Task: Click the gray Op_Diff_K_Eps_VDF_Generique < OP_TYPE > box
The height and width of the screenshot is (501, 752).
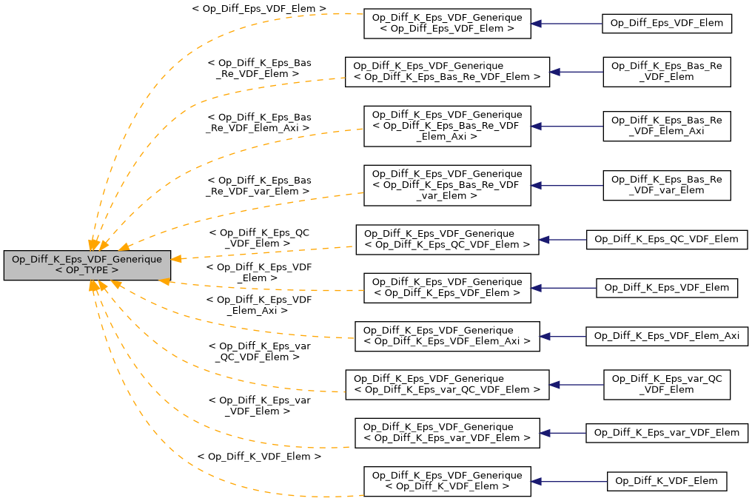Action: (x=87, y=265)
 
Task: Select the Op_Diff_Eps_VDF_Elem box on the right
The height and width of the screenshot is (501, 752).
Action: (x=667, y=24)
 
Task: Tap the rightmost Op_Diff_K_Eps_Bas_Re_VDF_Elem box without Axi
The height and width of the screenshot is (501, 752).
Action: (x=667, y=72)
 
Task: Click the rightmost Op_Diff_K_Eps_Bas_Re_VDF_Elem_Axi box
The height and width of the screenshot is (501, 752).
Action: (x=667, y=126)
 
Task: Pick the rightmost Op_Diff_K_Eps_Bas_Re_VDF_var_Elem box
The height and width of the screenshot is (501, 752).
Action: (x=667, y=185)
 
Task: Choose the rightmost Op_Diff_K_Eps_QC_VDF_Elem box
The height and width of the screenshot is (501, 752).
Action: (x=667, y=239)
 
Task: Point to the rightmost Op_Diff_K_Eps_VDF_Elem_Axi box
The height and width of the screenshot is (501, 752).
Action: (x=667, y=336)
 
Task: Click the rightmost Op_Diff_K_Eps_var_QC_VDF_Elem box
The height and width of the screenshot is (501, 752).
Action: (x=667, y=384)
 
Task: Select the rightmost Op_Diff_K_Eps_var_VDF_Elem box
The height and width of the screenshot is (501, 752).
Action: (x=667, y=433)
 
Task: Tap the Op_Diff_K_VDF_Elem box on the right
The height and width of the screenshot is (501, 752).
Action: (x=667, y=481)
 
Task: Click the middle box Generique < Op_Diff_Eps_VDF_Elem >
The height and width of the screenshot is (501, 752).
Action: (x=447, y=24)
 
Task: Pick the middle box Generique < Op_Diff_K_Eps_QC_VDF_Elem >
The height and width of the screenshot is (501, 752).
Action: (x=447, y=239)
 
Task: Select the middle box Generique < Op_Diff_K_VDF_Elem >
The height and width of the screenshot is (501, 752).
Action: (x=447, y=481)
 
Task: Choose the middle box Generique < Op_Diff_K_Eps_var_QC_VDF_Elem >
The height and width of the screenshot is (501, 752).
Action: (x=447, y=384)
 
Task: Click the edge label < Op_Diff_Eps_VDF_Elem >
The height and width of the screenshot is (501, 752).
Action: (x=258, y=9)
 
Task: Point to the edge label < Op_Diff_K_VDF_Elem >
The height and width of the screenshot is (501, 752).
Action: (x=258, y=457)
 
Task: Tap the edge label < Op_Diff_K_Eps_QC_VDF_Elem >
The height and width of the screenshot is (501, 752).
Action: (x=258, y=237)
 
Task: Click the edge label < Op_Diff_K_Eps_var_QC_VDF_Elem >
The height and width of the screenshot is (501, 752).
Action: (x=258, y=351)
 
